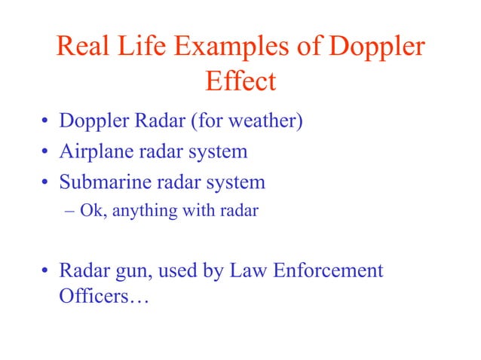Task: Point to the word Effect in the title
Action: point(240,81)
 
